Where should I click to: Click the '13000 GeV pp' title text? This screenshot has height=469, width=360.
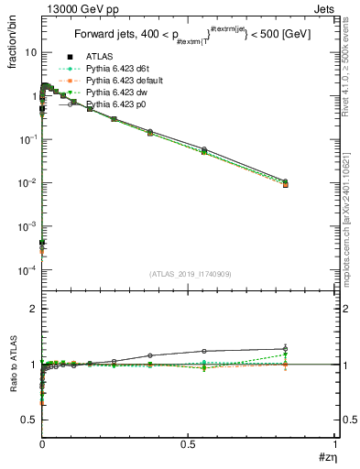click(77, 8)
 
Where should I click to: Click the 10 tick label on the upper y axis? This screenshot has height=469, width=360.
click(30, 52)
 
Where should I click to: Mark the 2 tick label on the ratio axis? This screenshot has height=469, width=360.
click(33, 310)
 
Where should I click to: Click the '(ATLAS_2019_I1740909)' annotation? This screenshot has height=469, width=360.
click(189, 274)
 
